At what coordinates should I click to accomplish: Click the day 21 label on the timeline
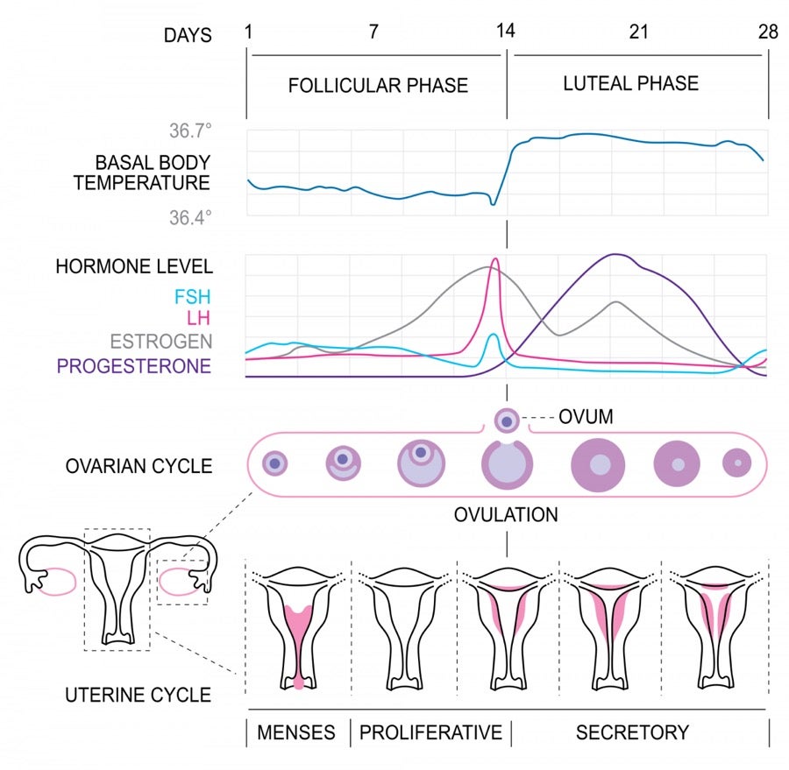638,32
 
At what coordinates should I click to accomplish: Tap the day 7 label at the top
373,32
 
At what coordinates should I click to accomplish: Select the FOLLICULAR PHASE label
378,86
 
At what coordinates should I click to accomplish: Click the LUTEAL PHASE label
631,84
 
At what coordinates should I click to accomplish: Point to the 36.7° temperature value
191,132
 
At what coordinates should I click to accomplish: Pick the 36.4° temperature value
191,217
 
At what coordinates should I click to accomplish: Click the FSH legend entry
192,296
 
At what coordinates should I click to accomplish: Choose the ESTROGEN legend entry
160,342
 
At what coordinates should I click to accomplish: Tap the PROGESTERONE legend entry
134,365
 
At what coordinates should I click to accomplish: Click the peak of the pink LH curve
495,259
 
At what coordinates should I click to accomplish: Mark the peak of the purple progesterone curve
617,255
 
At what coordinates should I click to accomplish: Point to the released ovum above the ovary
507,420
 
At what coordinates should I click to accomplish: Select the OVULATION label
506,514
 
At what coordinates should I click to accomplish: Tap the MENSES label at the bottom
296,732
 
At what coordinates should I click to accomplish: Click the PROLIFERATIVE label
430,732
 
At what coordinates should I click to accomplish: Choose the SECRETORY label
632,732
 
